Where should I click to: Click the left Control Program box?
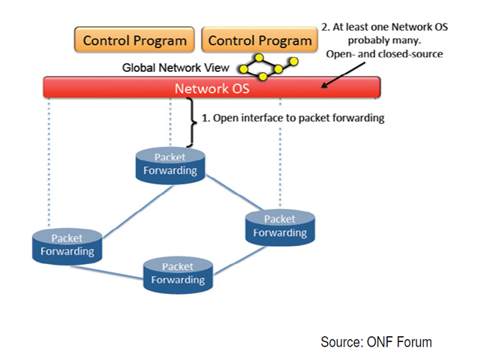(x=134, y=40)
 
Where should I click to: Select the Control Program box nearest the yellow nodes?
(x=260, y=40)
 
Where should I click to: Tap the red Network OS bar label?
(x=212, y=88)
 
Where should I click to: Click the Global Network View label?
(x=176, y=67)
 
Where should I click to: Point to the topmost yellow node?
(x=259, y=58)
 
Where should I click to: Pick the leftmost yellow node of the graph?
(x=243, y=69)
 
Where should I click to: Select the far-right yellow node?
(x=293, y=61)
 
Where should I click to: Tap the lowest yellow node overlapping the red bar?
(x=263, y=76)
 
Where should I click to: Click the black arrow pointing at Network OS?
(x=344, y=75)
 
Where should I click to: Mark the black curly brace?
(x=191, y=122)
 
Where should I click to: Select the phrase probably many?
(x=384, y=40)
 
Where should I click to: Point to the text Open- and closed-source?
(x=384, y=54)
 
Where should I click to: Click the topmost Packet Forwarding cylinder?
(x=170, y=166)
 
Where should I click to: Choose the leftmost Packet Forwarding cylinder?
(x=68, y=246)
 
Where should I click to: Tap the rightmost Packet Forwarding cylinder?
(x=280, y=228)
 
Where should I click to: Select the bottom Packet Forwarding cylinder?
(x=178, y=275)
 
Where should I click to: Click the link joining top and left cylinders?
(x=138, y=211)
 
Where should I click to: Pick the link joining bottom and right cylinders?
(x=239, y=260)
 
